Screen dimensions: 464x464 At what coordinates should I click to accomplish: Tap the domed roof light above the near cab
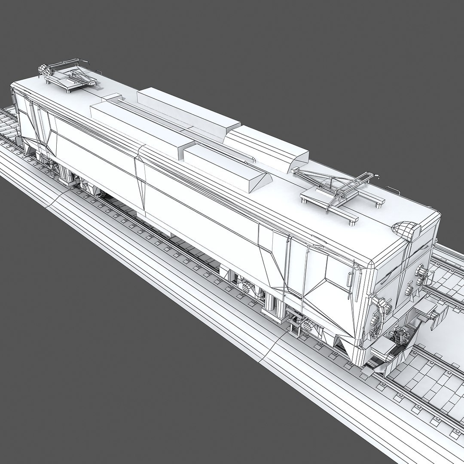(x=406, y=230)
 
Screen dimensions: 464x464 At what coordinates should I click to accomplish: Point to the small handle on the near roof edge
(x=392, y=189)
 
